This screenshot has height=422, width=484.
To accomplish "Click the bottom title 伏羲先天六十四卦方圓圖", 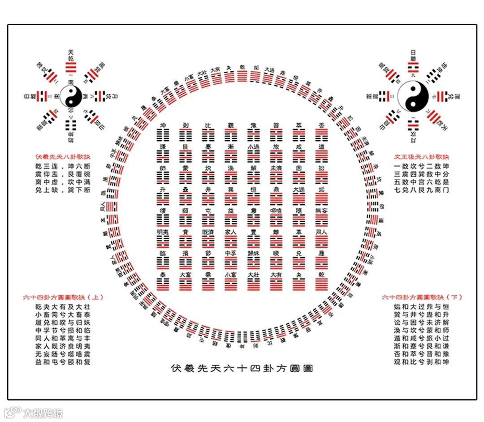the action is tap(242, 368).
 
